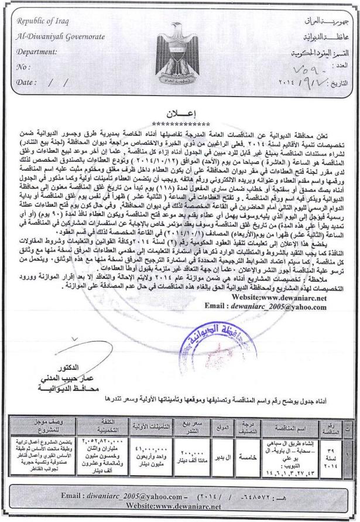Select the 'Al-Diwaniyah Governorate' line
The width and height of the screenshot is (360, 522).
61,36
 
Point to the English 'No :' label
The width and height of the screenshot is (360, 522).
24,67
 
